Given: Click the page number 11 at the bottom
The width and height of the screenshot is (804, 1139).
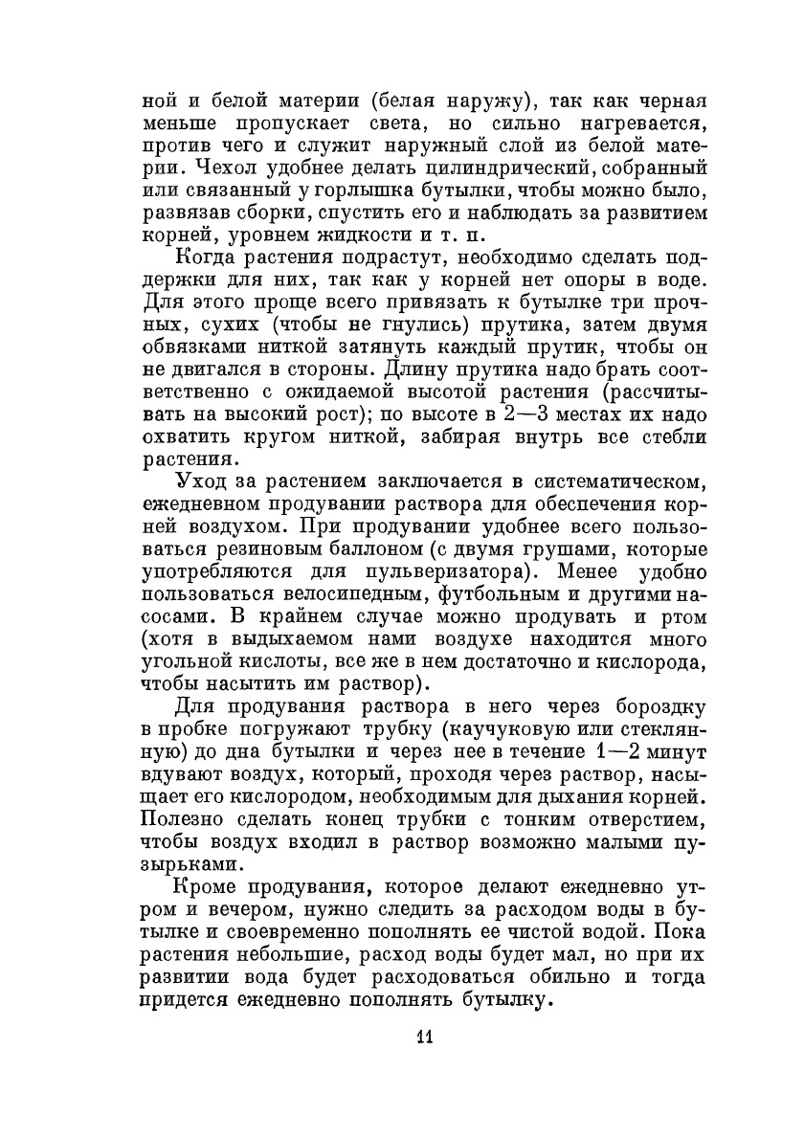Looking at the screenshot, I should point(427,1039).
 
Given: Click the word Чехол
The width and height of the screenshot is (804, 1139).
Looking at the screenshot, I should point(207,169).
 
